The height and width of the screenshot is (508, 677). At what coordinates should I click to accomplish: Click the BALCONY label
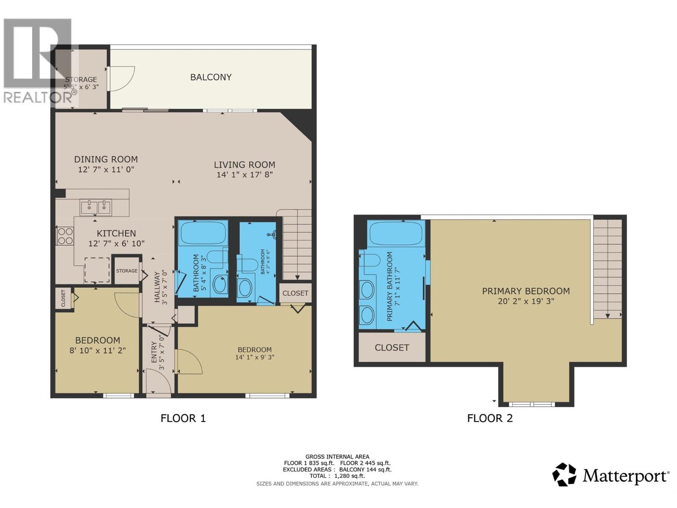click(x=211, y=77)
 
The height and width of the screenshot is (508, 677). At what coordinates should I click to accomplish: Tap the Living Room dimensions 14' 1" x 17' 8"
click(x=245, y=174)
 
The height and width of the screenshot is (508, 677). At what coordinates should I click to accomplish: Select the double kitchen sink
click(x=96, y=207)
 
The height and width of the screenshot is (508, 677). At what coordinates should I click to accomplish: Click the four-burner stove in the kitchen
click(x=65, y=236)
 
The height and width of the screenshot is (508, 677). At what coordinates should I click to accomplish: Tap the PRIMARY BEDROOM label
click(x=526, y=291)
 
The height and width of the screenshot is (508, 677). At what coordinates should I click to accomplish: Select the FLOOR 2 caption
click(x=490, y=418)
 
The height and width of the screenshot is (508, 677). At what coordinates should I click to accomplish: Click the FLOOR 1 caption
click(x=183, y=418)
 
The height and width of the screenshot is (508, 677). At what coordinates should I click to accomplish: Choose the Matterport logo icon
click(x=564, y=475)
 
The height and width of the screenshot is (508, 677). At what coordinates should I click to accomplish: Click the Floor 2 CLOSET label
click(x=392, y=348)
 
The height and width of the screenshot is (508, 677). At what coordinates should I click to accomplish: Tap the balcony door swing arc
click(x=123, y=79)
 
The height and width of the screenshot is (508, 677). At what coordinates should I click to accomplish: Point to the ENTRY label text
click(x=154, y=352)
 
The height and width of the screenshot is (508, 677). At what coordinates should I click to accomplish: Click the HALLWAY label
click(x=157, y=287)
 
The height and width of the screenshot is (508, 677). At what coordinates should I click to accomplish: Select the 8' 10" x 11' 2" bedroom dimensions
click(x=98, y=351)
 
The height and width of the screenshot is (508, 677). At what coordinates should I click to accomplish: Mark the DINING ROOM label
click(x=106, y=159)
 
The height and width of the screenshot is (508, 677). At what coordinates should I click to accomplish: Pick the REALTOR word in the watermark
click(x=38, y=98)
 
